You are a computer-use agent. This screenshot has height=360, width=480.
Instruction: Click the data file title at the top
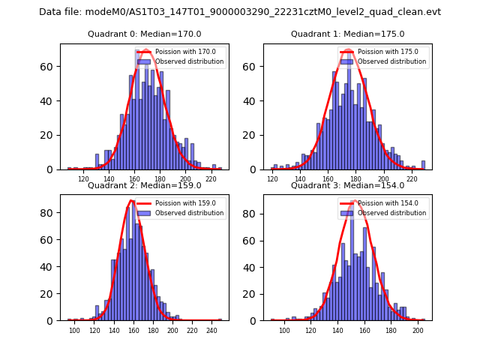pos(240,12)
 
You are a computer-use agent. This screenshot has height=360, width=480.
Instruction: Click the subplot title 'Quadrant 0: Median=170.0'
pos(145,34)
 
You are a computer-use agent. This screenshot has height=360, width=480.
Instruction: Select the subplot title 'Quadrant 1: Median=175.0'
pos(347,34)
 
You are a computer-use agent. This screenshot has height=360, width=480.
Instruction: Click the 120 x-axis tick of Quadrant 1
pos(271,180)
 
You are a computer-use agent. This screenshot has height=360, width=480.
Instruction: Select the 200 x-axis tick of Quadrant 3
pos(417,331)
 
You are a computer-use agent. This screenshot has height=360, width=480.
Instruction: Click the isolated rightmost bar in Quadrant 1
pos(423,165)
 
